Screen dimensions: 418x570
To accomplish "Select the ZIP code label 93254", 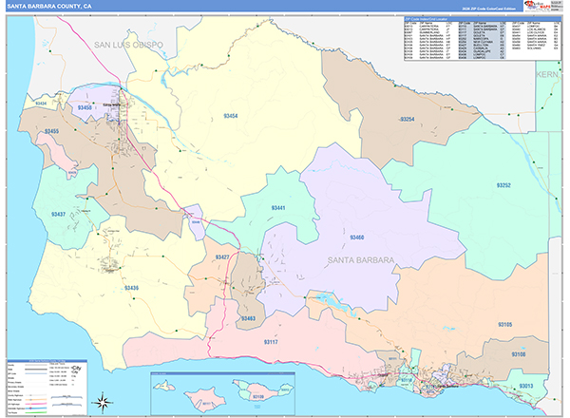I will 407,119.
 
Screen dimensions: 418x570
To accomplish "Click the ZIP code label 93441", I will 278,207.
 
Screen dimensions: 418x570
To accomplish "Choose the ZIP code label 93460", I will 356,237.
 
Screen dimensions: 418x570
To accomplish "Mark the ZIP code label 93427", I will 222,257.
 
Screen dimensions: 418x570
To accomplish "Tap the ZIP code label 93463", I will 249,318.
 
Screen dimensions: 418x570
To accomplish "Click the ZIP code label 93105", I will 504,325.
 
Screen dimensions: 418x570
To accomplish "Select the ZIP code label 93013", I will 526,386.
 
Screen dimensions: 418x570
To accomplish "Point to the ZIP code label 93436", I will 131,287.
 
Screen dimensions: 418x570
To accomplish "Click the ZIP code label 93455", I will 50,130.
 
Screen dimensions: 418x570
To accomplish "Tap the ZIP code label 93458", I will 85,108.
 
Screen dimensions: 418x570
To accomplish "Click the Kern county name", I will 549,73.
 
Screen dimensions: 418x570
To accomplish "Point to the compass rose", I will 110,400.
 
